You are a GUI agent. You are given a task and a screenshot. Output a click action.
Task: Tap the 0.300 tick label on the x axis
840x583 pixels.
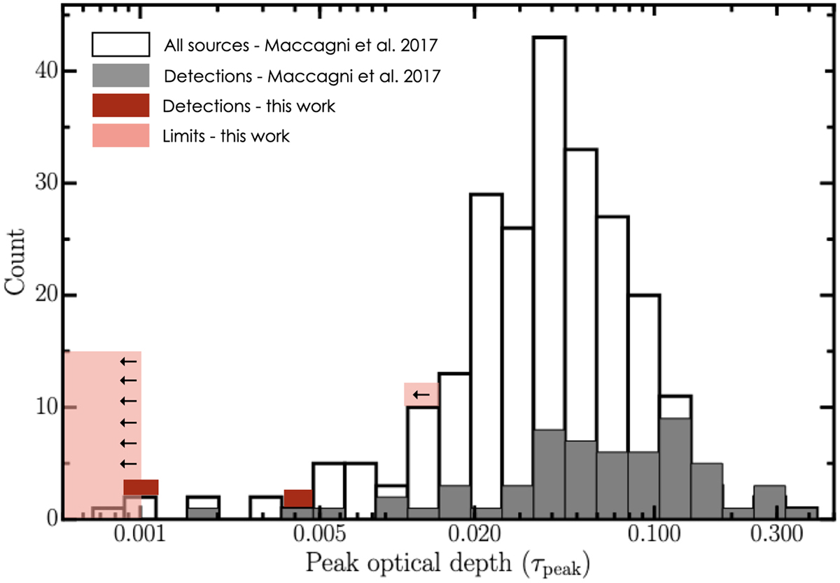pyautogui.click(x=769, y=536)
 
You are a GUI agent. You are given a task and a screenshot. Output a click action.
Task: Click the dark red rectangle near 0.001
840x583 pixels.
pyautogui.click(x=141, y=487)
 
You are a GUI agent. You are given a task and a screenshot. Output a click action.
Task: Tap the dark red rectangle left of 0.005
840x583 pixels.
pyautogui.click(x=297, y=498)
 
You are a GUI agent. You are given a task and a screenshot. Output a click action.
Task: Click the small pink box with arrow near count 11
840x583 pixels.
pyautogui.click(x=421, y=395)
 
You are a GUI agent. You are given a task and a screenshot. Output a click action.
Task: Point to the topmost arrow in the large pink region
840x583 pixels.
pyautogui.click(x=128, y=361)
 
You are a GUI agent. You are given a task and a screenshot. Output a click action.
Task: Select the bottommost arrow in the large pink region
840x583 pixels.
pyautogui.click(x=128, y=464)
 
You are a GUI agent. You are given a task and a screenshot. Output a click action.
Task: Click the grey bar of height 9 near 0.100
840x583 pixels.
pyautogui.click(x=675, y=469)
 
